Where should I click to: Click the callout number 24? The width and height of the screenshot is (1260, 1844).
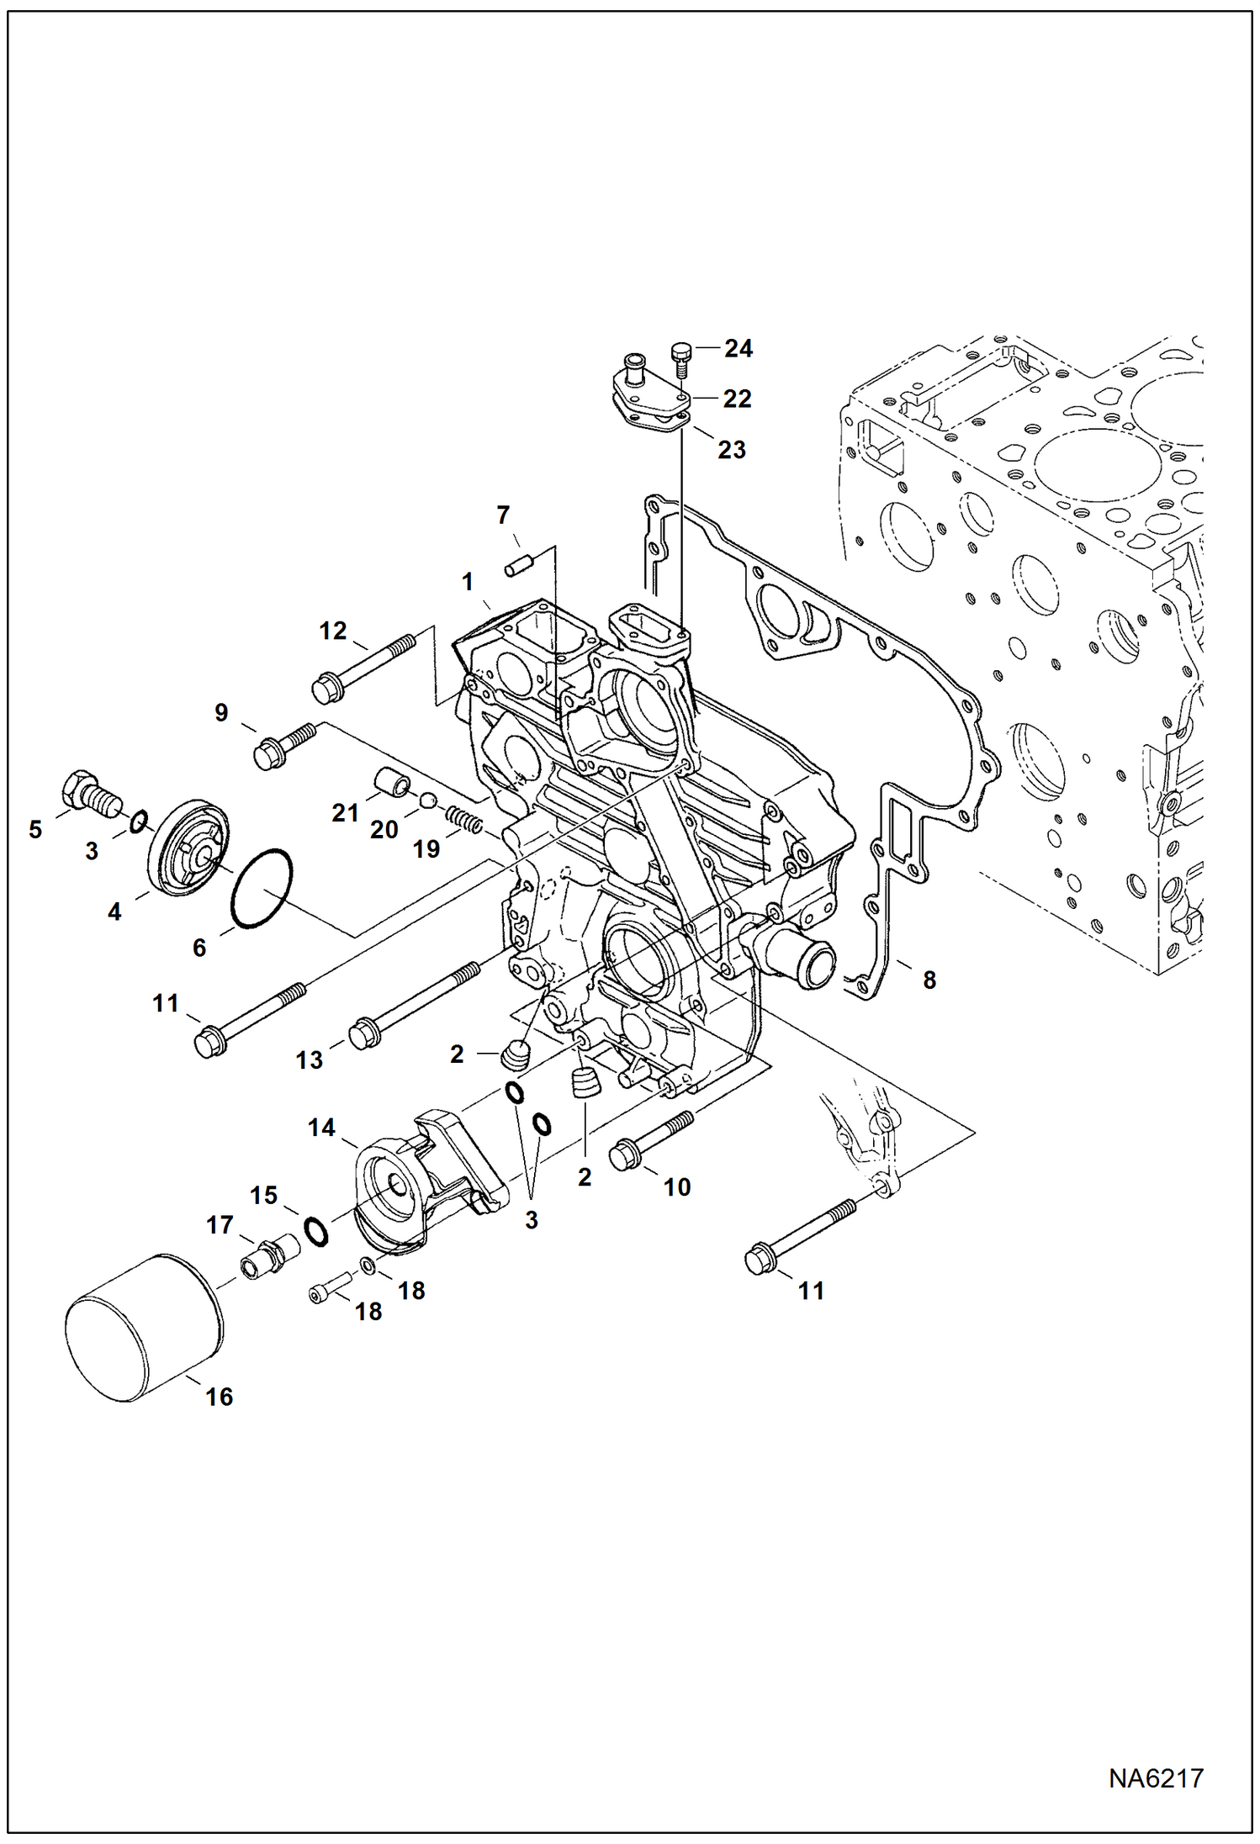(738, 348)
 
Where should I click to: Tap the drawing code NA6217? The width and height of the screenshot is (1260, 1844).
(1155, 1778)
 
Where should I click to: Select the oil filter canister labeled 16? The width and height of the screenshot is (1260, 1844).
(143, 1328)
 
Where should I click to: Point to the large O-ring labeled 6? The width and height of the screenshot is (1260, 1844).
(262, 889)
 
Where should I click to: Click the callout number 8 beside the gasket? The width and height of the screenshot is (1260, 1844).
(929, 980)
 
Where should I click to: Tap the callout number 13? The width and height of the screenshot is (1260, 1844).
(309, 1060)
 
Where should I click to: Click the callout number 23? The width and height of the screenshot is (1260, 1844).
(731, 450)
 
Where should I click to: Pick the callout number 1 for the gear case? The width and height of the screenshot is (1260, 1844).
(468, 582)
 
